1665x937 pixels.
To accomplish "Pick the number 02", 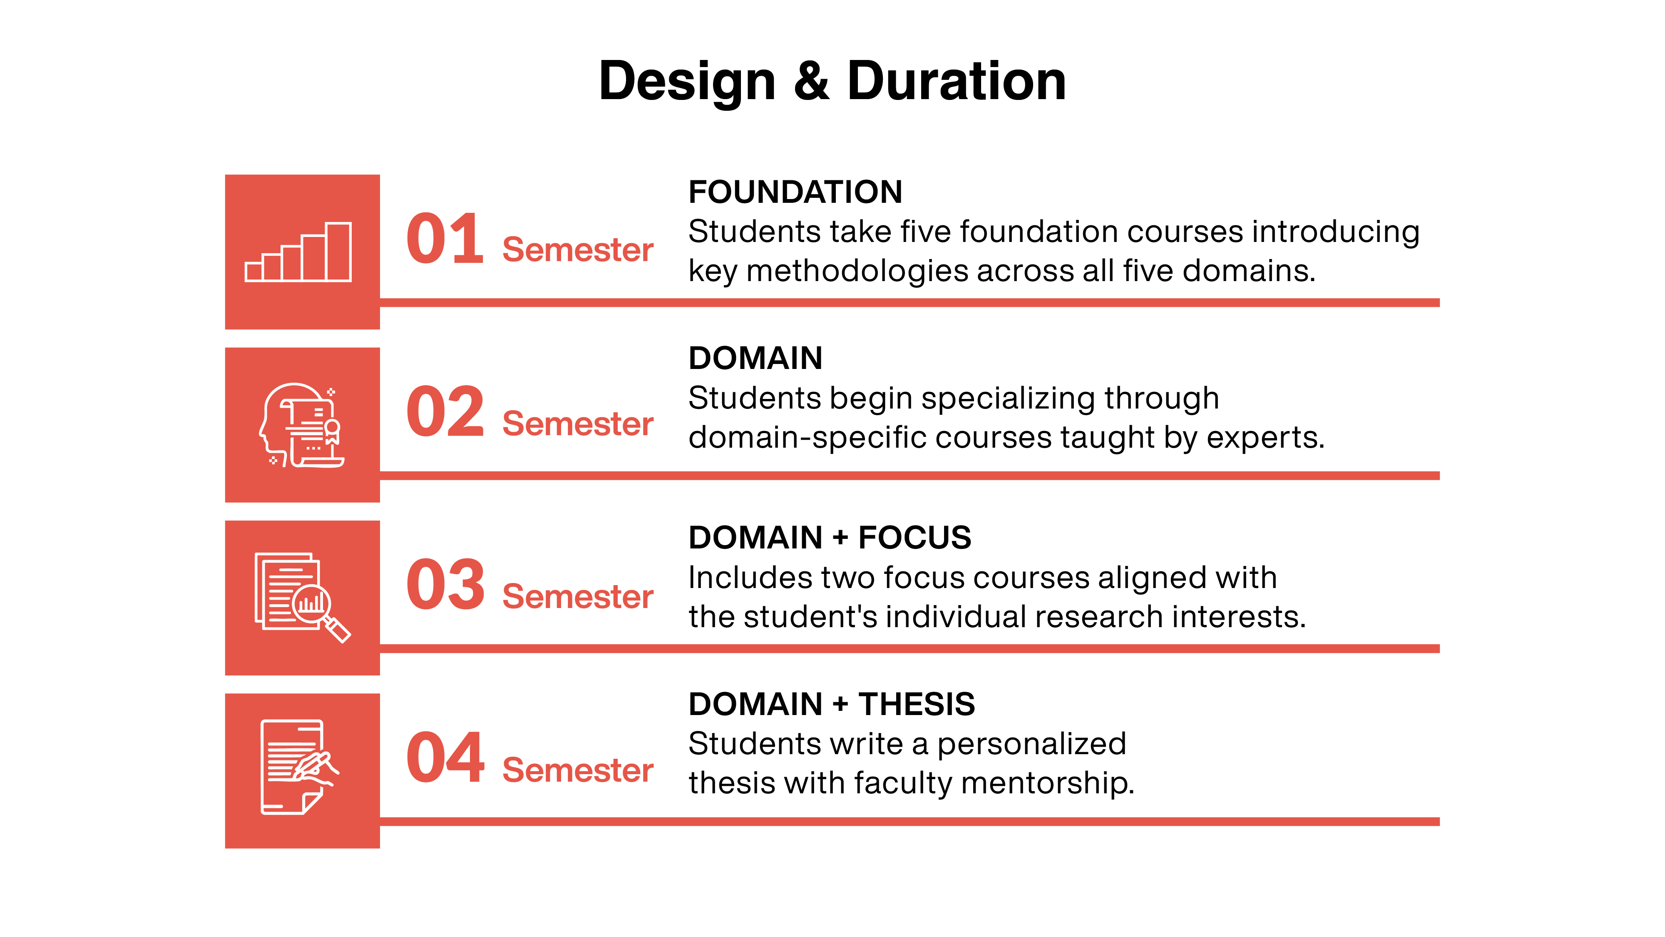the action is click(445, 411).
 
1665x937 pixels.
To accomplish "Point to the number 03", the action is click(445, 585).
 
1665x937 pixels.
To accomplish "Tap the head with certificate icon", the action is click(301, 425).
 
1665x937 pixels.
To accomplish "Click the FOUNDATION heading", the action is click(795, 192).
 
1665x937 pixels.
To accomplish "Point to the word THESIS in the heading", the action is click(917, 704).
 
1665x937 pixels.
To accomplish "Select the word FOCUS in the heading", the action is click(915, 538).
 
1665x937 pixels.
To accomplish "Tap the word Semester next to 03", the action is click(578, 596).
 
